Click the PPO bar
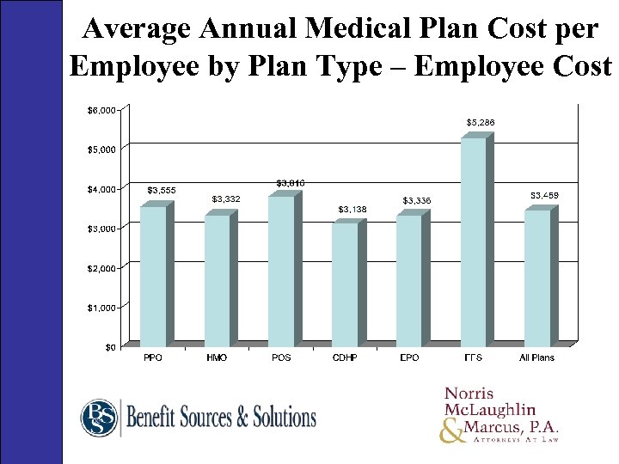(153, 276)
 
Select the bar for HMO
(217, 281)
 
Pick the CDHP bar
(345, 284)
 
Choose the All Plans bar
(536, 278)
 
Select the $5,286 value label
(481, 123)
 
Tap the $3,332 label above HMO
(225, 199)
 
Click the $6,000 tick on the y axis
(101, 109)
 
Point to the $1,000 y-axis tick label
(101, 307)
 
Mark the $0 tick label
(110, 347)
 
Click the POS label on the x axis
(281, 357)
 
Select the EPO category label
(409, 357)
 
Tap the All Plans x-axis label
(537, 357)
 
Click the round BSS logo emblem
(100, 418)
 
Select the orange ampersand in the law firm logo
(451, 430)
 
